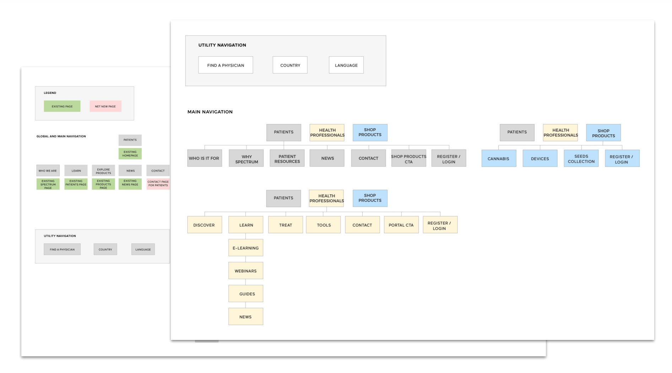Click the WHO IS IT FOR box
[x=205, y=158]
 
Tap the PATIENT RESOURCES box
[x=287, y=158]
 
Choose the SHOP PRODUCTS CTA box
[x=409, y=158]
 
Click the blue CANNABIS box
[x=499, y=158]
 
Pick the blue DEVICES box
[x=540, y=158]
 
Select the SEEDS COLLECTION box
[x=581, y=158]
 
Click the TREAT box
[x=286, y=225]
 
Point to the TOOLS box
[x=324, y=225]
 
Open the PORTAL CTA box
[x=401, y=225]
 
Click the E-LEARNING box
[x=246, y=248]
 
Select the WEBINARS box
[x=246, y=271]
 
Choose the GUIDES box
[x=246, y=294]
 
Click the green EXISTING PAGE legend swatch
[x=62, y=106]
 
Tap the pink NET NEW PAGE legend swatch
[x=105, y=106]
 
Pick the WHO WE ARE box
[x=48, y=171]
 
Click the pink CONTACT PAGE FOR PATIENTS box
[x=158, y=184]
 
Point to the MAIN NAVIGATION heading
[x=210, y=112]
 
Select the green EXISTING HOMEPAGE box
[x=130, y=154]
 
